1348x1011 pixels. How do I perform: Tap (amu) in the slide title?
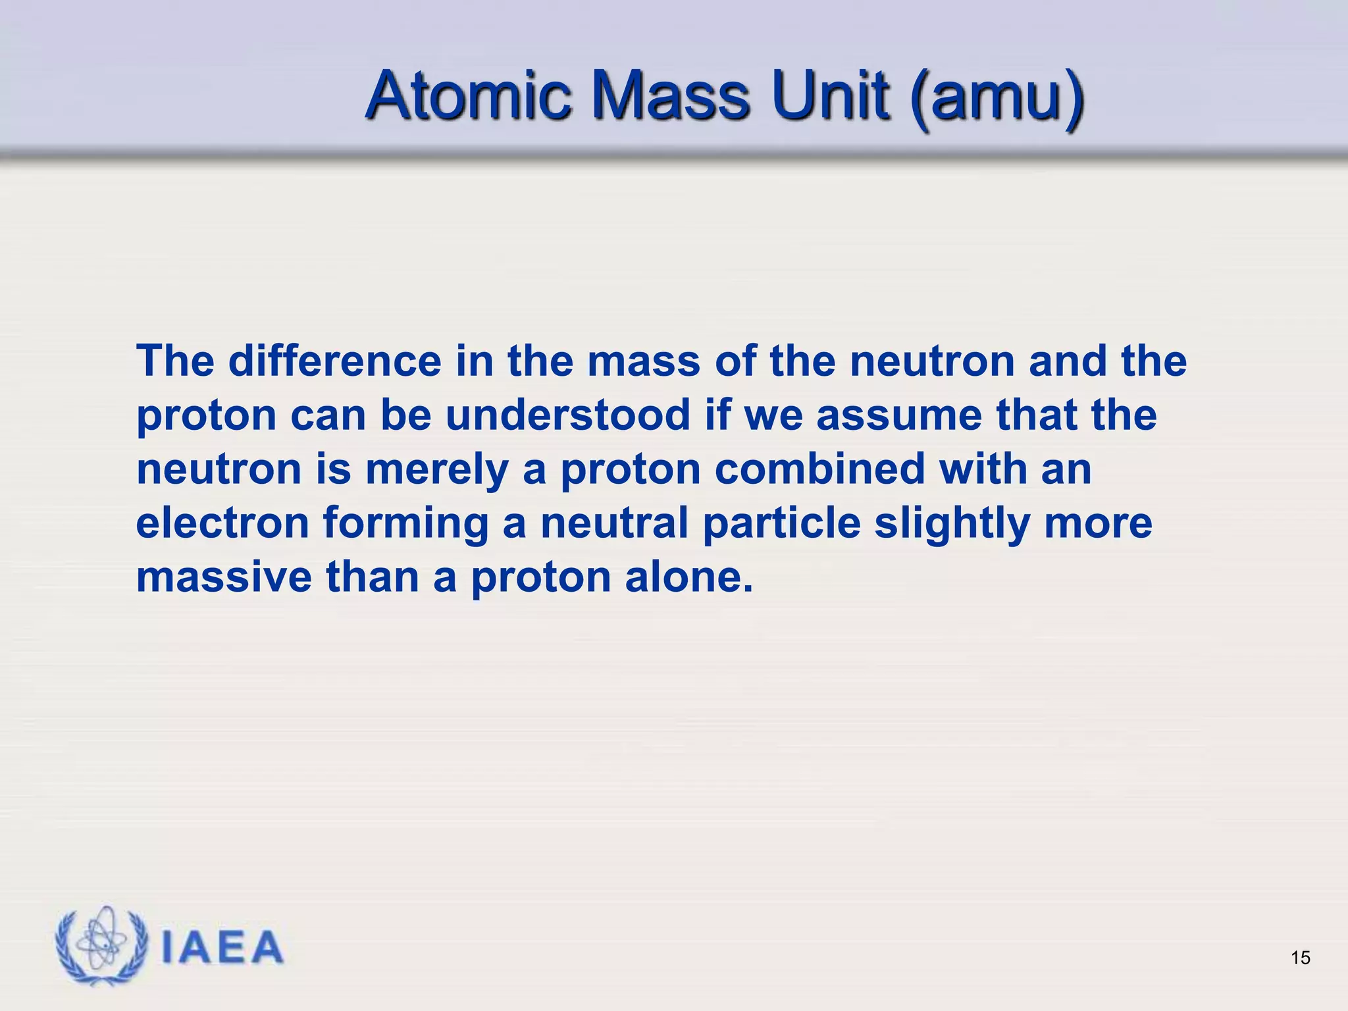[x=998, y=99]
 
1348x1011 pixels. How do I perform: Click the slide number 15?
[x=1301, y=958]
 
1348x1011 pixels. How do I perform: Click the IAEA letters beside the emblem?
[x=222, y=948]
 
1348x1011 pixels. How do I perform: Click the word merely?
[x=437, y=470]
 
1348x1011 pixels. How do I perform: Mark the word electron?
[x=222, y=523]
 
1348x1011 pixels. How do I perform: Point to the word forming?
[x=405, y=524]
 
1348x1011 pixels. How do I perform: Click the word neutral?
[x=614, y=523]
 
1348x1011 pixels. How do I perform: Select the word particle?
[x=782, y=524]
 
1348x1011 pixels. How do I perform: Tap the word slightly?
[x=952, y=524]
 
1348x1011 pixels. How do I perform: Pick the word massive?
[x=224, y=577]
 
